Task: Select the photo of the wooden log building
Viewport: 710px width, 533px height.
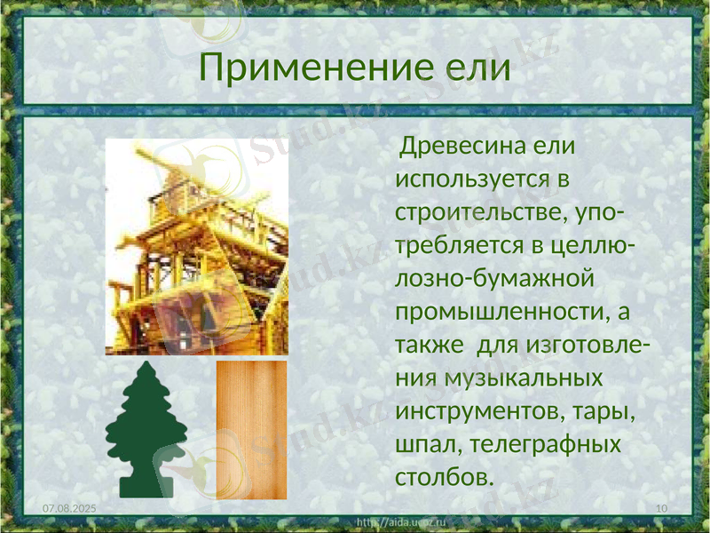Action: pos(197,247)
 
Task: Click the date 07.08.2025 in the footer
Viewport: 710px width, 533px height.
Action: pos(70,506)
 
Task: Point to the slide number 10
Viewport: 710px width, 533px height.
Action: pos(660,506)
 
